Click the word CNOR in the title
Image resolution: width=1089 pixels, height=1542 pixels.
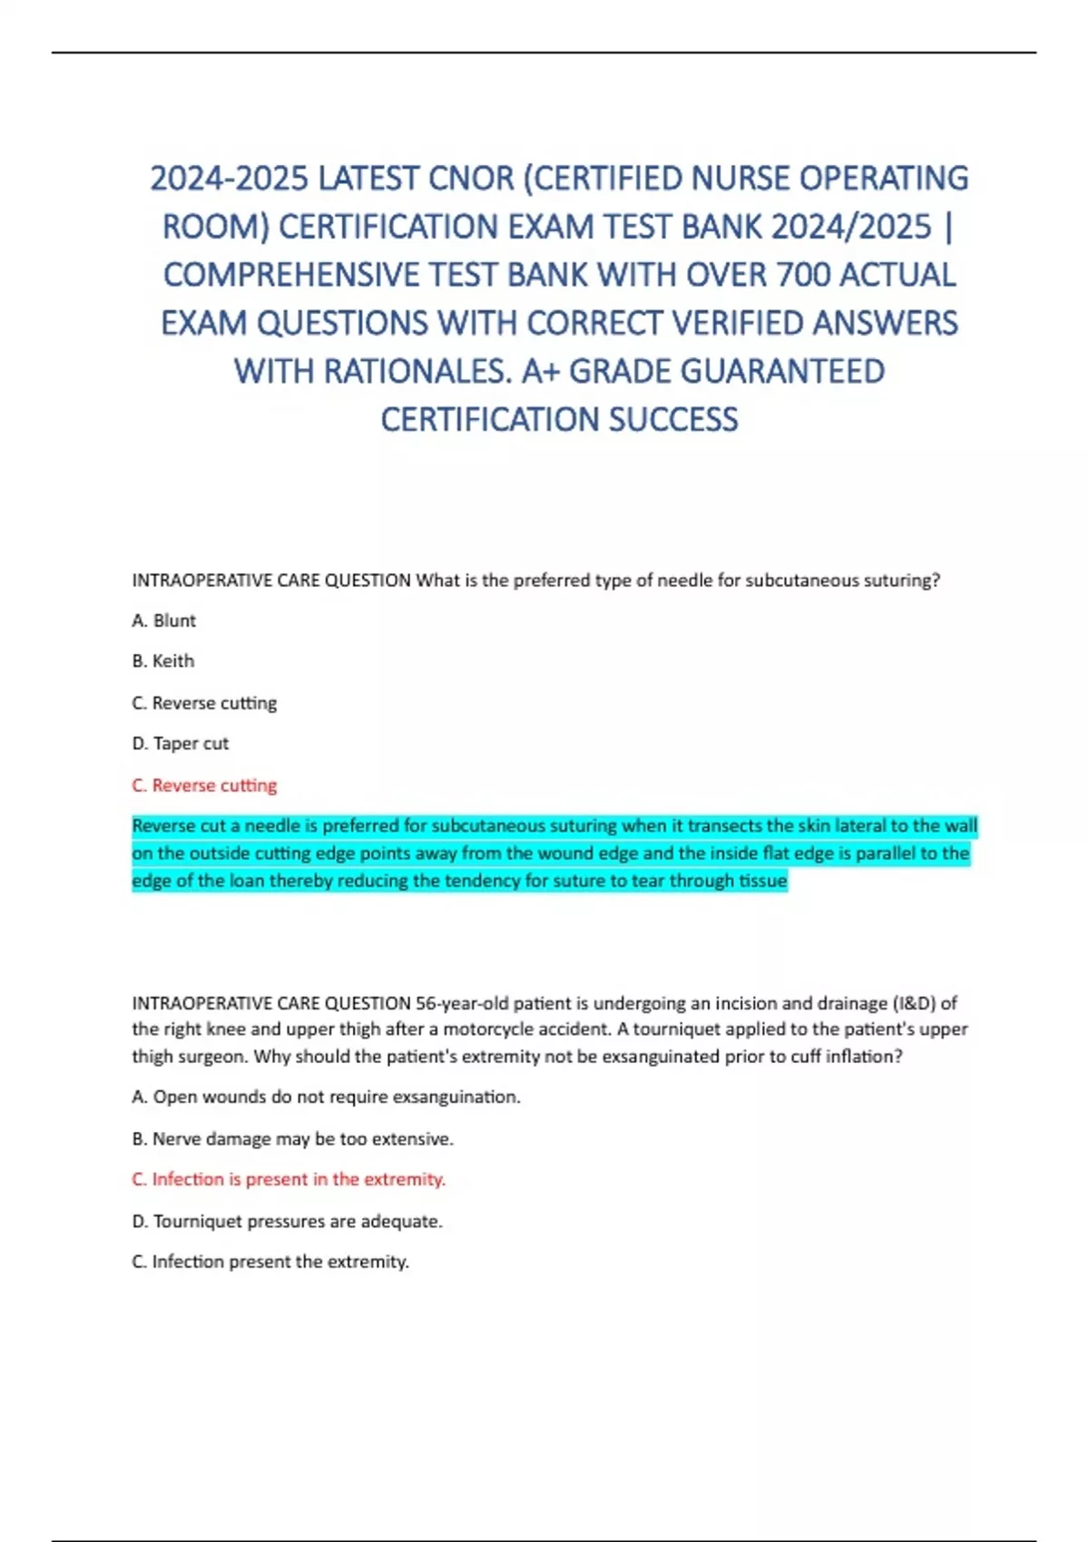[471, 179]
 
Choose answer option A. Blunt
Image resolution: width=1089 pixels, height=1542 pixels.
[164, 620]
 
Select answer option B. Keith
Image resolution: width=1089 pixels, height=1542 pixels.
[163, 661]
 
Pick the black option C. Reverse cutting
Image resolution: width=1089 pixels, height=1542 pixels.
[205, 703]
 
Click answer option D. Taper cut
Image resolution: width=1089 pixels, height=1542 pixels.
[181, 744]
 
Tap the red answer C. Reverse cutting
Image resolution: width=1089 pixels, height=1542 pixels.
[205, 786]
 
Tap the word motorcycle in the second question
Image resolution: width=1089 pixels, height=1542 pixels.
[484, 1030]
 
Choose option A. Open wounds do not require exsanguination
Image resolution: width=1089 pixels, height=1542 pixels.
[327, 1097]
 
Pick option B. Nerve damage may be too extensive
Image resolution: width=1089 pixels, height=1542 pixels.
[293, 1138]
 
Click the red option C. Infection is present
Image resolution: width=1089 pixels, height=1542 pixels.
[289, 1179]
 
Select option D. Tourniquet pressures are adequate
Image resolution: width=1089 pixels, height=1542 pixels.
[288, 1221]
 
